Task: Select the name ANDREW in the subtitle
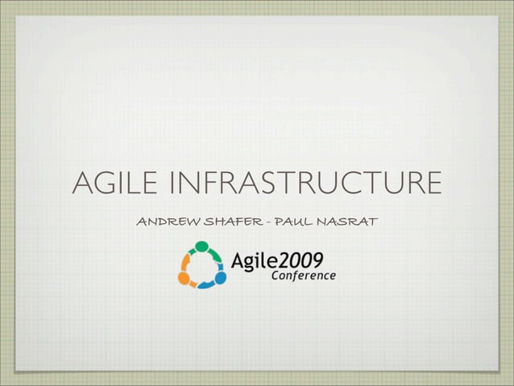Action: click(164, 220)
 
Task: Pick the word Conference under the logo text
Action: click(303, 275)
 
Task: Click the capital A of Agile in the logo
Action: click(238, 259)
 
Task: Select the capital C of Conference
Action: click(276, 275)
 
